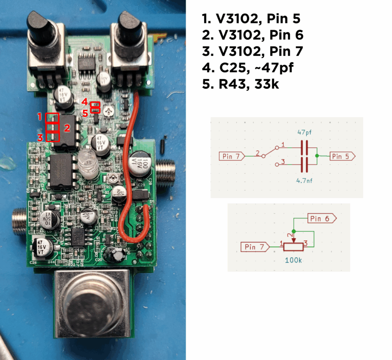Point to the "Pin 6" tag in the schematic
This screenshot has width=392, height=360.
[x=322, y=218]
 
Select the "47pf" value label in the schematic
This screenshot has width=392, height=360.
[x=305, y=132]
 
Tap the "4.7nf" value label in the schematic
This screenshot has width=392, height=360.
[x=305, y=180]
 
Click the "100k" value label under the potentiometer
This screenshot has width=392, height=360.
[x=294, y=260]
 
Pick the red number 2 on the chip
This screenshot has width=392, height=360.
[x=67, y=128]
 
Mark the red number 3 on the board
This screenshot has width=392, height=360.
[x=40, y=137]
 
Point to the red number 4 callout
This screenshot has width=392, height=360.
[x=85, y=102]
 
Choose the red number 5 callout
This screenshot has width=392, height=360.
[x=85, y=113]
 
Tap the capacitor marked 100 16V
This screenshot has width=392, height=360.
[x=140, y=166]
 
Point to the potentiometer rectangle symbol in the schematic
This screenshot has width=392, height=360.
[x=293, y=247]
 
